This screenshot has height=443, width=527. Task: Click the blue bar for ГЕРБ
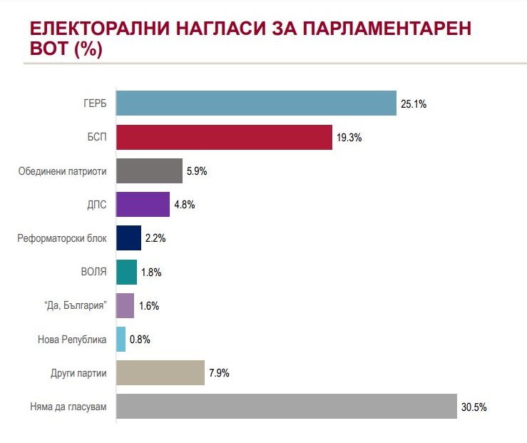[x=255, y=103]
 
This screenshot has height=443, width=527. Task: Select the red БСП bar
[x=224, y=137]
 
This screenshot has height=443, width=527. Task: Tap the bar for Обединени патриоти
[x=149, y=171]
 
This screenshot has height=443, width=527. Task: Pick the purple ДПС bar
[x=143, y=205]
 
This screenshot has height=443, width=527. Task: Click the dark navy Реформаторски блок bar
[x=128, y=238]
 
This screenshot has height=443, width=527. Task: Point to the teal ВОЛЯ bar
[x=126, y=272]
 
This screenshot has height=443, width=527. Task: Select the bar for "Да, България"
[x=125, y=305]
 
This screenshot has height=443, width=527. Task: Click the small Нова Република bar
[x=121, y=339]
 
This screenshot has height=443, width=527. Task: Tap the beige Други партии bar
[x=160, y=372]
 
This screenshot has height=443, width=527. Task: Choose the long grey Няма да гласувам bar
[x=286, y=406]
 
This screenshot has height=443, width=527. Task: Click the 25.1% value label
[x=414, y=104]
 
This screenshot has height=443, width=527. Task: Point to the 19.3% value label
[x=349, y=138]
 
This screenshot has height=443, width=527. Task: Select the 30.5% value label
[x=474, y=407]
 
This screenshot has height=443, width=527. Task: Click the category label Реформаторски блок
[x=62, y=238]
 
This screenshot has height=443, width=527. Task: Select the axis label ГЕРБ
[x=94, y=103]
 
